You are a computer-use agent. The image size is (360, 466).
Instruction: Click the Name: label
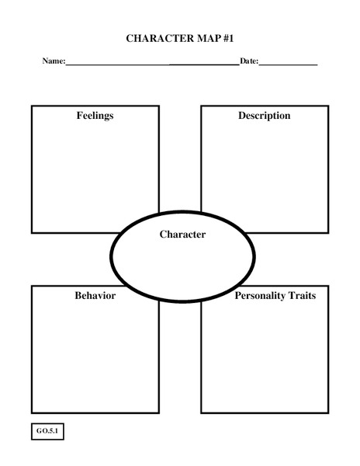pos(54,61)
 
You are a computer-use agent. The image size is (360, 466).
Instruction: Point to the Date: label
pos(248,61)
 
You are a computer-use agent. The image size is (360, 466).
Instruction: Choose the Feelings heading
pos(95,116)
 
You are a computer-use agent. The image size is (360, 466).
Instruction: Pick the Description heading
pos(264,116)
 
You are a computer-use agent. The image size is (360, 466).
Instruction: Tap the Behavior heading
pos(95,296)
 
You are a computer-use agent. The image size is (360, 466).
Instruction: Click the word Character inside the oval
pos(182,234)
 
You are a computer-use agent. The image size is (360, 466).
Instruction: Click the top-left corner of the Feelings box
pos(32,106)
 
